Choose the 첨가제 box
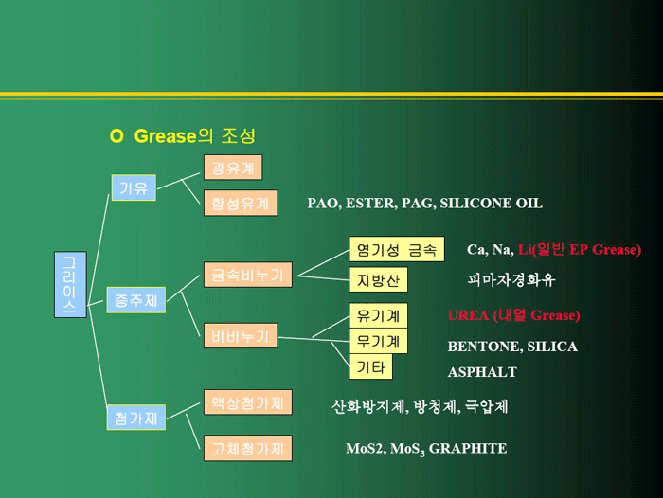134,417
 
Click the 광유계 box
232,168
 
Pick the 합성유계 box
241,203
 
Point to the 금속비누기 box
248,276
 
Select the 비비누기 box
241,335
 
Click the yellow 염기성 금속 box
396,250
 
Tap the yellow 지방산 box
378,281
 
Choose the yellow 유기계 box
378,315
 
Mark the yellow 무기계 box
378,341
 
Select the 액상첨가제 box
247,402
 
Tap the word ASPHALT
482,372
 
